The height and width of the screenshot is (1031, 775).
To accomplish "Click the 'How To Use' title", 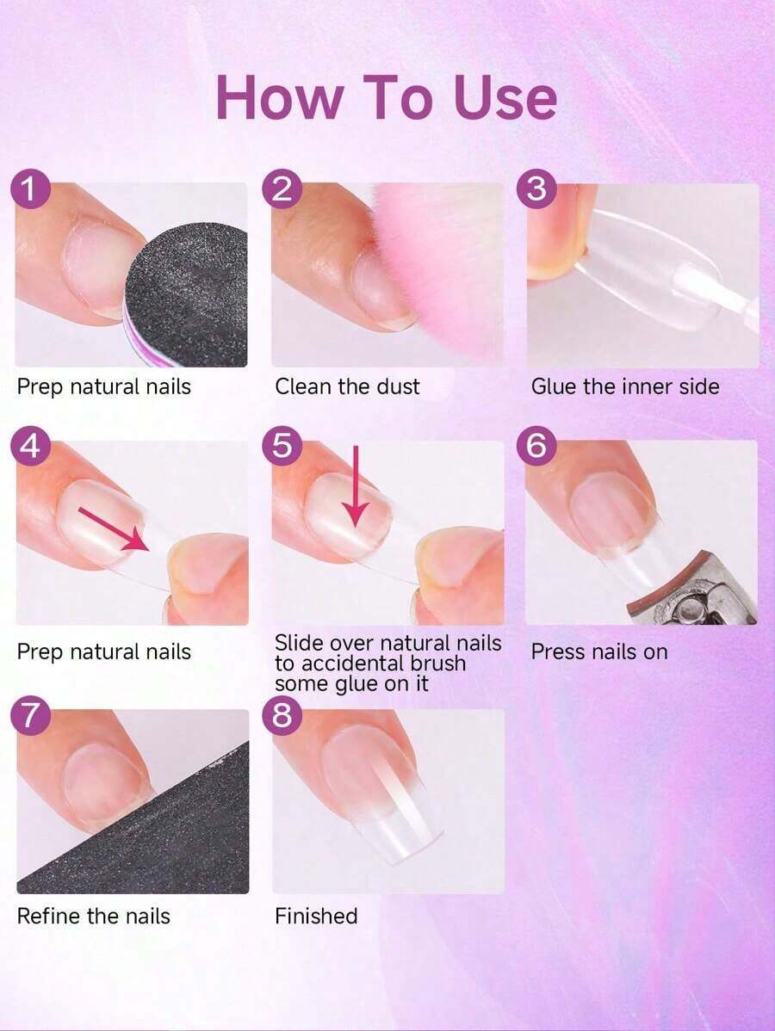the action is [387, 97].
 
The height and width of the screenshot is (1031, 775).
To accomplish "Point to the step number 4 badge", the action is [29, 446].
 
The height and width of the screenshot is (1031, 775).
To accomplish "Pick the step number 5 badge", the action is [282, 446].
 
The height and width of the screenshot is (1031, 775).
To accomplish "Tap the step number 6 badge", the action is [536, 446].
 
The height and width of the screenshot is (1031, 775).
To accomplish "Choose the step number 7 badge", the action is [29, 715].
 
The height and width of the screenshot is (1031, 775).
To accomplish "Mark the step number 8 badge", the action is [282, 715].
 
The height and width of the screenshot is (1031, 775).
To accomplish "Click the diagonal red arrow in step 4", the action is [113, 528].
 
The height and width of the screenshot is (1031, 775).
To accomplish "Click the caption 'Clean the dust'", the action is [347, 386].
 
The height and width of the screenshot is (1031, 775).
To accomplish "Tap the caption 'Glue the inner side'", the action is [625, 386].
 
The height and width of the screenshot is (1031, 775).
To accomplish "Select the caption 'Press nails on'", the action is [599, 651].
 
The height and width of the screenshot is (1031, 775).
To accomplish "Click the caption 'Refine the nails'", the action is [93, 916].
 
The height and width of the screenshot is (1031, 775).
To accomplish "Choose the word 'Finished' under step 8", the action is [316, 916].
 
